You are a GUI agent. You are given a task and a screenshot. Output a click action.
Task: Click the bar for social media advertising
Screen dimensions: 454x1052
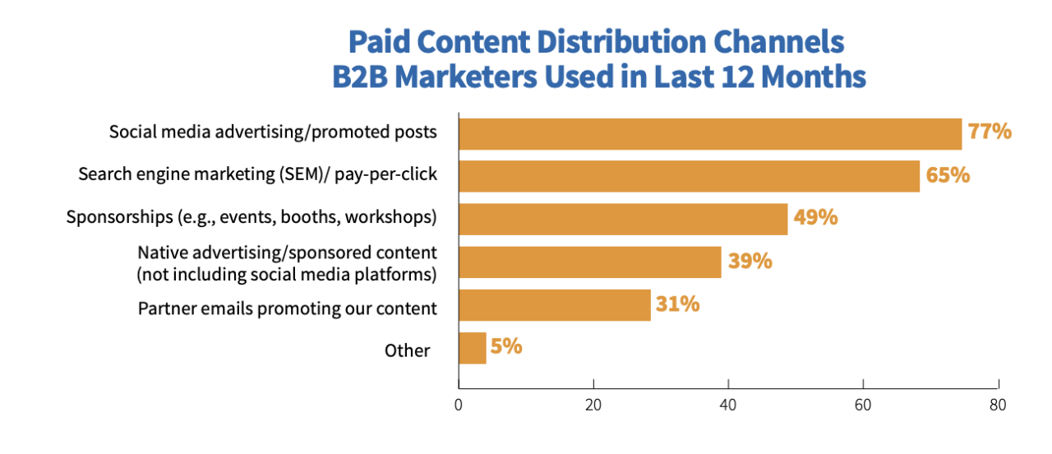click(709, 133)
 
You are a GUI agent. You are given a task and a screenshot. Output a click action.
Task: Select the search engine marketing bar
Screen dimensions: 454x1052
click(689, 176)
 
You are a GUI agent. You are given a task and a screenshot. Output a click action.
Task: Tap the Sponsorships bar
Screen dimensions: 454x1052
click(622, 219)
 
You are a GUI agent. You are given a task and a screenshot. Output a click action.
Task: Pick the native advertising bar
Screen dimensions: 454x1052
click(589, 262)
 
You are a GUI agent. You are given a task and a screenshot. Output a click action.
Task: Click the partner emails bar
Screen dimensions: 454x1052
click(554, 304)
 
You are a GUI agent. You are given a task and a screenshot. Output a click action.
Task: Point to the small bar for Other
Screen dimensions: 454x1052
click(472, 347)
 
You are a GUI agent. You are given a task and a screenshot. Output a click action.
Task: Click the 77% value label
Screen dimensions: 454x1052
click(990, 131)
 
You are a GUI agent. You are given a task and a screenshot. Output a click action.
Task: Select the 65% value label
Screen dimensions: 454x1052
click(948, 174)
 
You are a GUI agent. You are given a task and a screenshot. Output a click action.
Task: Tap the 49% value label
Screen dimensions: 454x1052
click(815, 217)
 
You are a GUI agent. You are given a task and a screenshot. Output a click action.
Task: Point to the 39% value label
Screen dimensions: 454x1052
click(750, 261)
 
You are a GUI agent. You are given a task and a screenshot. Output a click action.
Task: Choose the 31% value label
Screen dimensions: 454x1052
click(678, 303)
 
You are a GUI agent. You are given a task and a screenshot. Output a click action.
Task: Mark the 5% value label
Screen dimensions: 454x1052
click(506, 346)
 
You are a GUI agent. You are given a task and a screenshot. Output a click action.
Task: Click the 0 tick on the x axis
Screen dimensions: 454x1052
click(459, 405)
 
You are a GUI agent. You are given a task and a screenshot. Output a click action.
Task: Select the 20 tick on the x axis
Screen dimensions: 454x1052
click(593, 405)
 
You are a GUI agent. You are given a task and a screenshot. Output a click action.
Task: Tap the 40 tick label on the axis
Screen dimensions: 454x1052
click(728, 405)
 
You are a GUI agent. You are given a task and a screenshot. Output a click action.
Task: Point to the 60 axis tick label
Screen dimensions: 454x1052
click(863, 405)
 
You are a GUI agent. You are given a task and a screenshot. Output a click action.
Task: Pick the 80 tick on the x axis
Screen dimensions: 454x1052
click(998, 405)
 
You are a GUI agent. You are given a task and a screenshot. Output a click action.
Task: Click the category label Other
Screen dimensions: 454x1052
click(407, 350)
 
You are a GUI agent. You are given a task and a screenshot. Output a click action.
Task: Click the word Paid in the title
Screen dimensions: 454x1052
click(383, 42)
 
